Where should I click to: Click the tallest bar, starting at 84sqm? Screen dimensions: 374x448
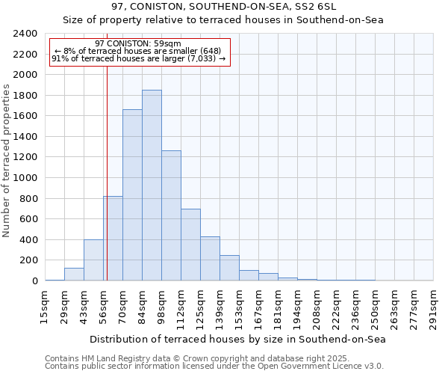click(x=152, y=186)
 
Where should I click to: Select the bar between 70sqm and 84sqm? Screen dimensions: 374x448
click(x=132, y=195)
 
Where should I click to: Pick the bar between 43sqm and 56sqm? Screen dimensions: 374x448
click(x=93, y=260)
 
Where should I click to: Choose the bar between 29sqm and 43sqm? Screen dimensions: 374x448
click(x=74, y=275)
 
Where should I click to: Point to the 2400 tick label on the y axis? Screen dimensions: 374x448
click(x=25, y=34)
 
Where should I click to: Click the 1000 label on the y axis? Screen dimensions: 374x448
click(x=25, y=178)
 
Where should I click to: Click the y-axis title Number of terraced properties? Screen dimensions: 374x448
click(x=7, y=161)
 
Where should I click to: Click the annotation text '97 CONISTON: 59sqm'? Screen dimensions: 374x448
click(x=138, y=43)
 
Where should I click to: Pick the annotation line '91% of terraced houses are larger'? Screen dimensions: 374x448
click(x=138, y=58)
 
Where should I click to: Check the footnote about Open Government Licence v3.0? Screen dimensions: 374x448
click(x=214, y=366)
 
